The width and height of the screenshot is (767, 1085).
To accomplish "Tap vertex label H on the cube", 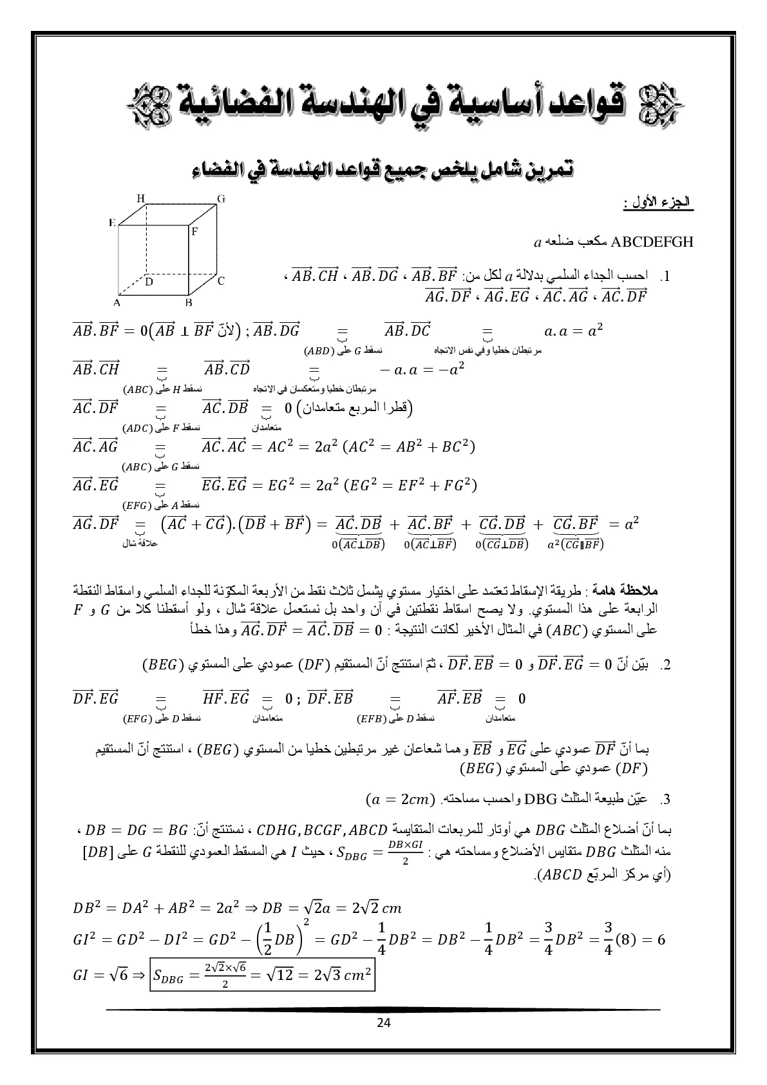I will click(140, 198).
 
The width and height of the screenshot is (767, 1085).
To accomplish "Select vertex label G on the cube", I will click(221, 198).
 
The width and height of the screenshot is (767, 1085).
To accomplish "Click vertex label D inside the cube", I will click(148, 282).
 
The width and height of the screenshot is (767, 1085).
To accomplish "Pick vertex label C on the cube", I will click(220, 280).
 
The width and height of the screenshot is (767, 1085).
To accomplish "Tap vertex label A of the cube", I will click(117, 302).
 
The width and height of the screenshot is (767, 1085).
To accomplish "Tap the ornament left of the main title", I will click(145, 103).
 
